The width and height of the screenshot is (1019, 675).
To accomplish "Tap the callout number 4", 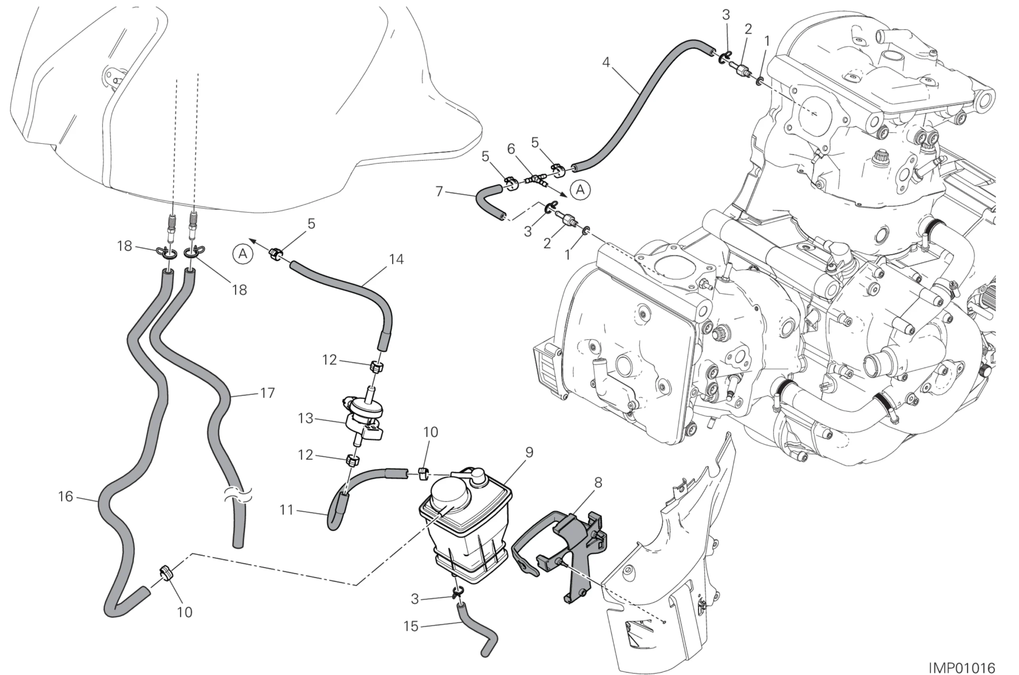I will tap(606, 62).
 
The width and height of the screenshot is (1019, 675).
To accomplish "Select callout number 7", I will tap(439, 191).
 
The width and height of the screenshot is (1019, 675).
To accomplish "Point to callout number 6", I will tap(511, 149).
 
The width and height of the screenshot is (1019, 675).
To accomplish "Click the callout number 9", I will tap(529, 452).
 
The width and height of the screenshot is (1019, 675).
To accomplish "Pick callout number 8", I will tap(598, 482).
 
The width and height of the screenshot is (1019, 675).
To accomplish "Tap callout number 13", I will tap(305, 418).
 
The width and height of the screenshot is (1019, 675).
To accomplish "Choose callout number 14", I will tap(396, 259).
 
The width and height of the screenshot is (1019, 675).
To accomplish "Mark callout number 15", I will tap(411, 626).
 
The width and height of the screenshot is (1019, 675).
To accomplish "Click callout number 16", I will tap(65, 497).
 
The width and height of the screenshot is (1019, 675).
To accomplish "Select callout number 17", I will tap(267, 393).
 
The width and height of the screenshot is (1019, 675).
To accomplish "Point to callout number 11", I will tap(287, 510).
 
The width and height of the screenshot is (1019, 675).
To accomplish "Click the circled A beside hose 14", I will tap(243, 254).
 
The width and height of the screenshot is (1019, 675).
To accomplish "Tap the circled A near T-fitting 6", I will tap(580, 189).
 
